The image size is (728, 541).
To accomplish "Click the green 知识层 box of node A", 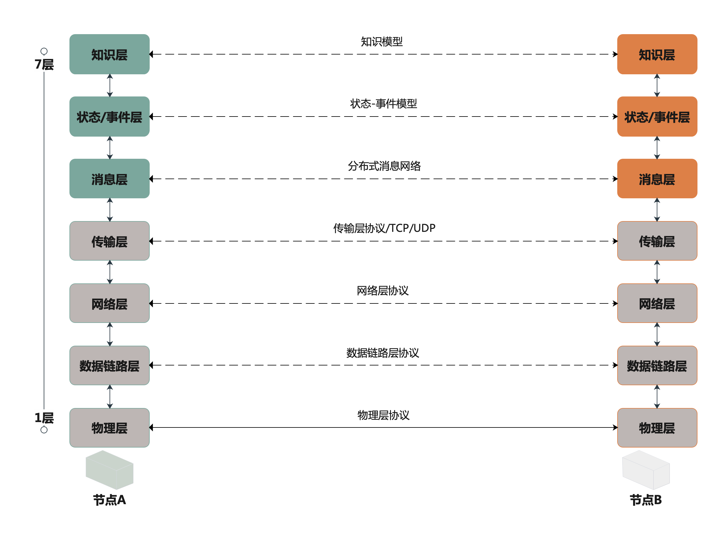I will click(x=109, y=54).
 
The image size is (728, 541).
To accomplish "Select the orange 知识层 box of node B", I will click(x=657, y=54).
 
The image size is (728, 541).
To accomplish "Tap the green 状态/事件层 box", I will click(x=109, y=117).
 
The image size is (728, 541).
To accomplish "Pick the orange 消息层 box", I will click(x=657, y=179).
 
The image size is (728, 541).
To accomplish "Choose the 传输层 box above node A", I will click(x=109, y=241).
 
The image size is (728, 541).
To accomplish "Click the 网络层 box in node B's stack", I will click(x=657, y=303).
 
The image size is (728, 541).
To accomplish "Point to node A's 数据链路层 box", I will click(x=109, y=365).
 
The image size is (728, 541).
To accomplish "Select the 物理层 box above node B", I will click(x=657, y=428).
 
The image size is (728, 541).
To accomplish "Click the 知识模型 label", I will click(x=382, y=41).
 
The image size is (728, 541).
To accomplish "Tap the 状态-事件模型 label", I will click(x=383, y=103).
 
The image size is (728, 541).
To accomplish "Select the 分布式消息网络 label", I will click(x=384, y=166).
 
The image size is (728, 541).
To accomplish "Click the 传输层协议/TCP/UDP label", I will click(x=384, y=228).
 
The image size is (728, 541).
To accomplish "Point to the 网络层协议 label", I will click(x=383, y=291).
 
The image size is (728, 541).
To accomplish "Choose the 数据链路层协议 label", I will click(x=383, y=353).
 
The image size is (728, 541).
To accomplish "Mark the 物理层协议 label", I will click(x=383, y=415).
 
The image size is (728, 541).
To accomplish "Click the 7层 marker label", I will click(x=44, y=64).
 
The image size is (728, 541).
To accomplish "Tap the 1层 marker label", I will click(x=44, y=418).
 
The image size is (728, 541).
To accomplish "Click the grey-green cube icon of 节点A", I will click(x=109, y=470).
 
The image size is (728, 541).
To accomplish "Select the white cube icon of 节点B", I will click(x=646, y=470).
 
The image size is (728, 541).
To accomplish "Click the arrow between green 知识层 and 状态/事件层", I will click(x=110, y=85).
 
